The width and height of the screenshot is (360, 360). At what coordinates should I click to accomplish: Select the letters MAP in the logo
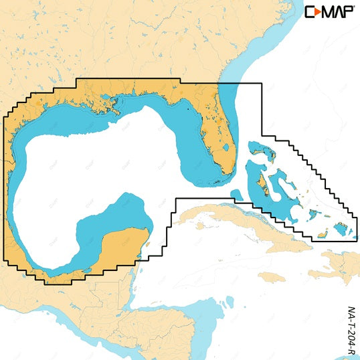click(x=338, y=12)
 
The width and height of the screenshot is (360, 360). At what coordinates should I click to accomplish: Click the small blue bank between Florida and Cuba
click(x=236, y=195)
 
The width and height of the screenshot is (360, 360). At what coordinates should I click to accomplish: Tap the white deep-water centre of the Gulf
click(x=100, y=167)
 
